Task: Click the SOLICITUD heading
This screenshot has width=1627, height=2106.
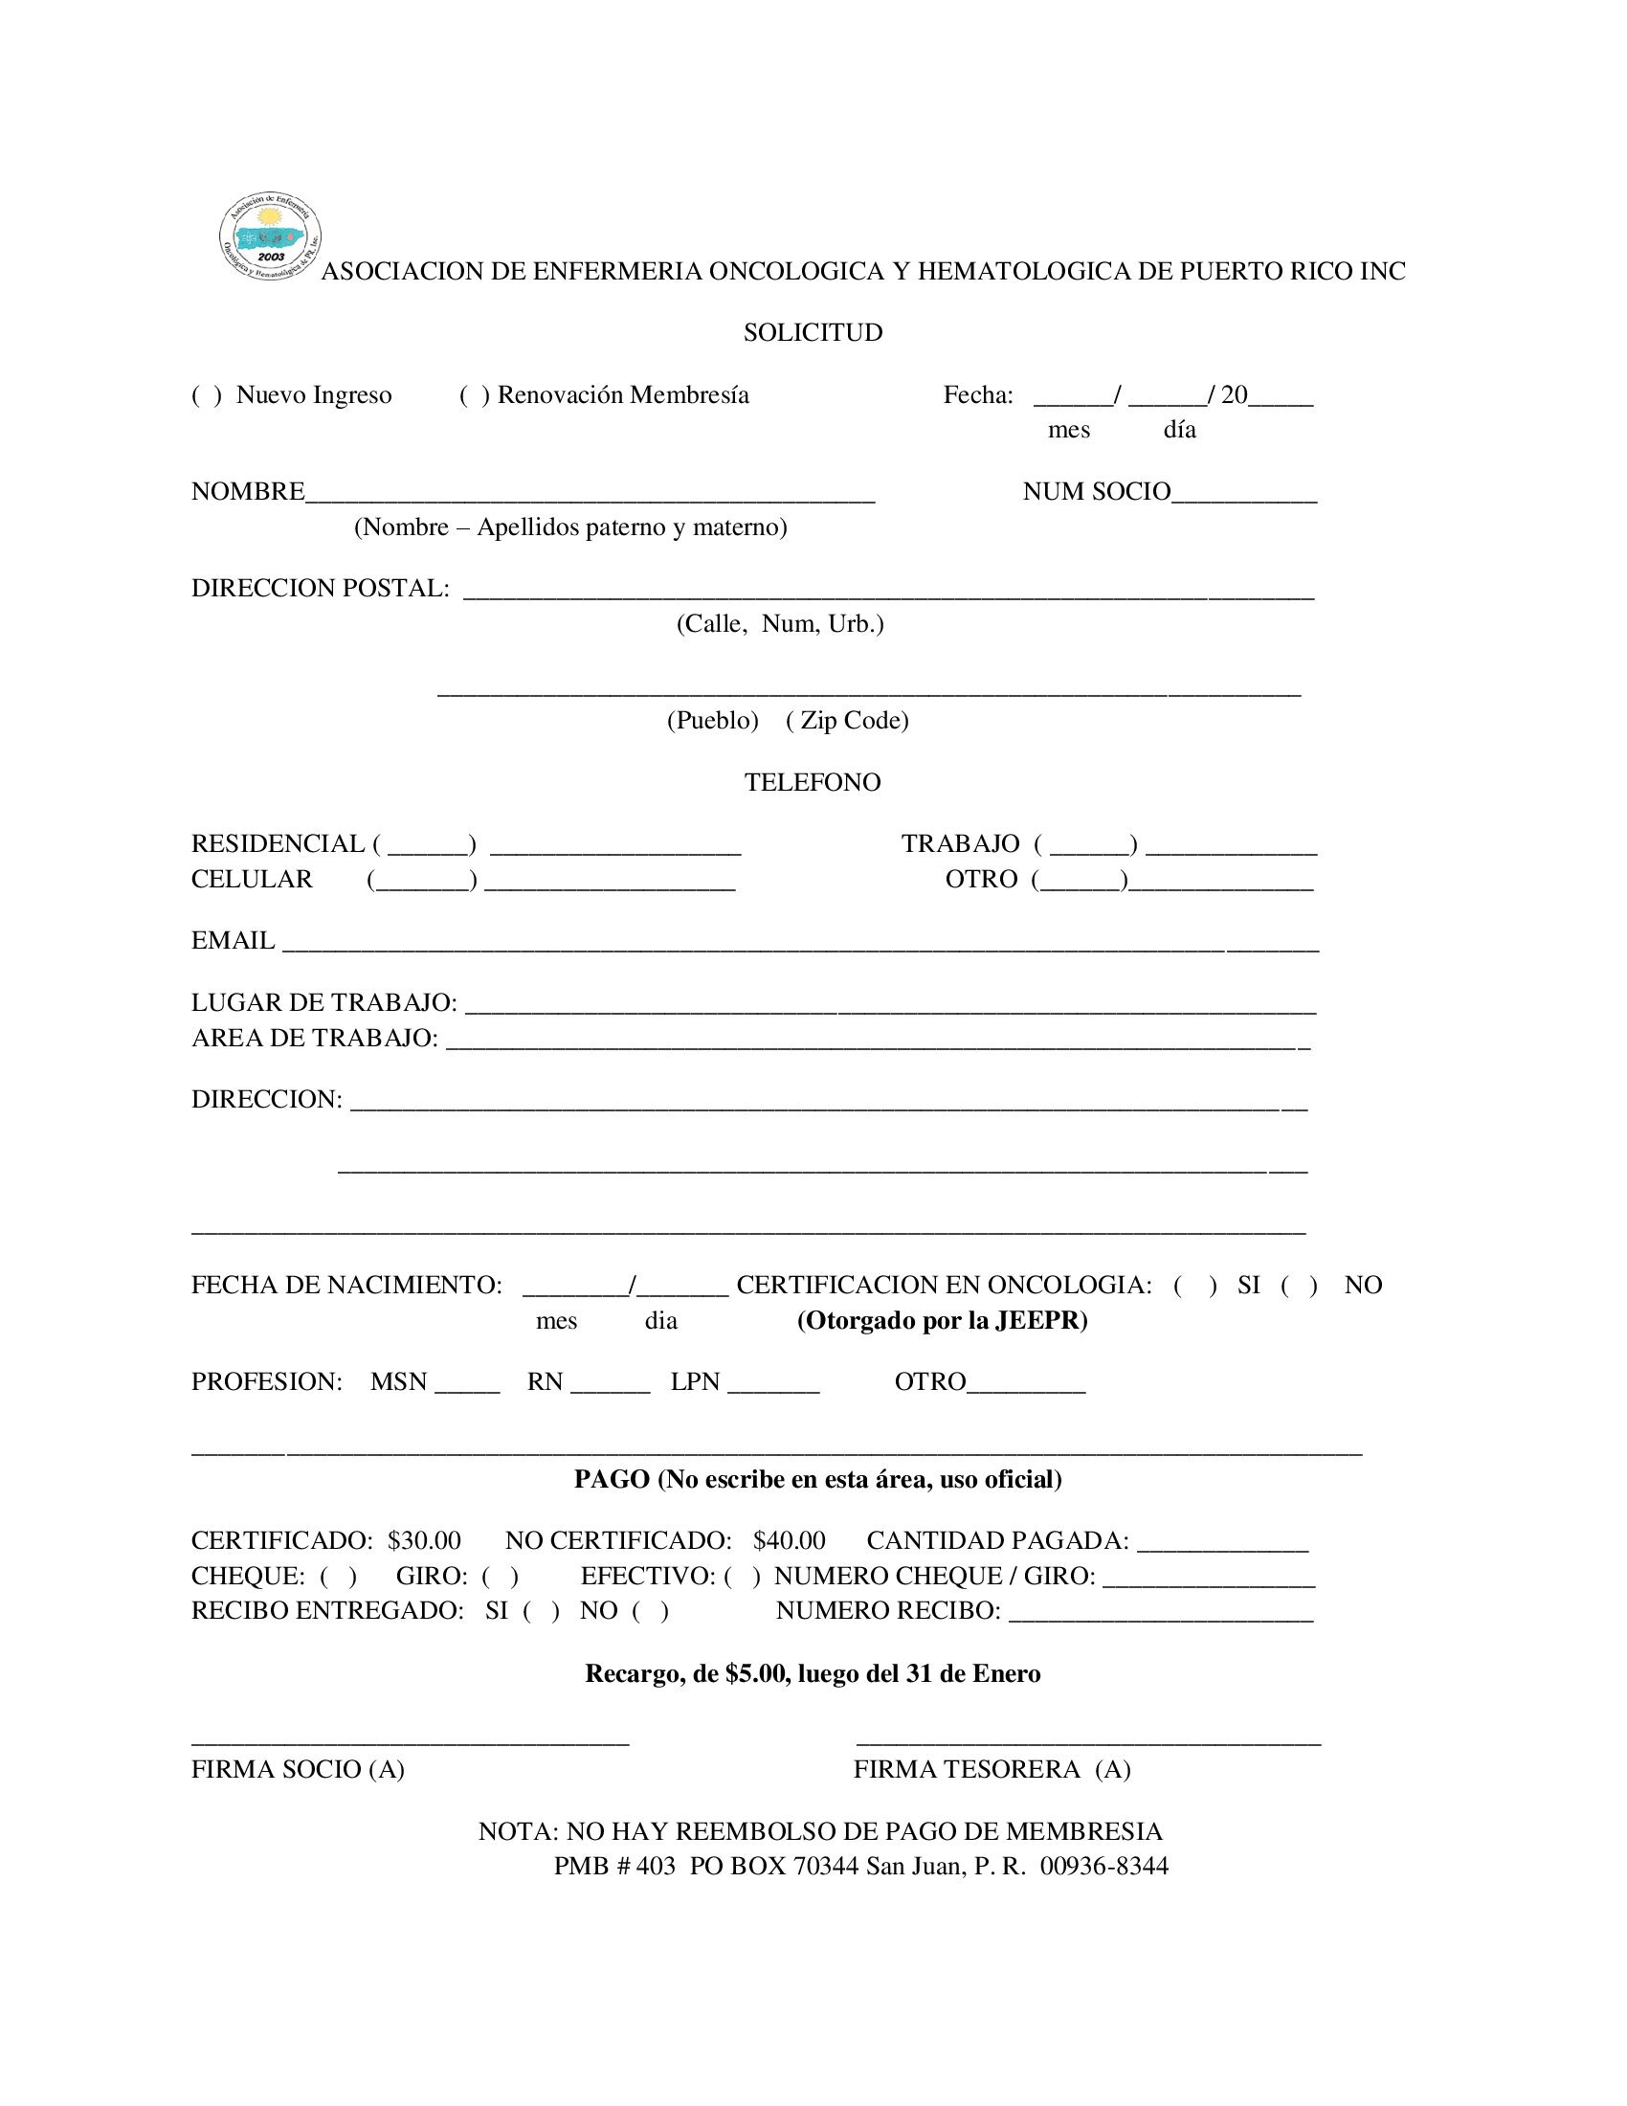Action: pos(813,333)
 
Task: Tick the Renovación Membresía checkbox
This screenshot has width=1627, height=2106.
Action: pos(474,395)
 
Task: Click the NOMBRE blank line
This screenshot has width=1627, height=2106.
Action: pos(590,494)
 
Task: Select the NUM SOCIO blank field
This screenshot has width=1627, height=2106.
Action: pos(1243,494)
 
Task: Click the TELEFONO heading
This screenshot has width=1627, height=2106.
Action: pos(813,782)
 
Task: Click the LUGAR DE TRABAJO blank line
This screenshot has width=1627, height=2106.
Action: pos(891,1005)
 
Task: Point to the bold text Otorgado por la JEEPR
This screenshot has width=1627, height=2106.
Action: pos(942,1321)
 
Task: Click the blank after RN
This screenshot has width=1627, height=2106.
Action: pos(611,1384)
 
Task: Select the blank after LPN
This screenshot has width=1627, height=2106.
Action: pos(773,1384)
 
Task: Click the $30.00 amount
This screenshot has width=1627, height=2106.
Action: pos(424,1541)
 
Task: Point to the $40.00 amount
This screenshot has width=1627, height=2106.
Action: pos(790,1541)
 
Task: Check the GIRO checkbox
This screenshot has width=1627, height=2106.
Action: pos(501,1577)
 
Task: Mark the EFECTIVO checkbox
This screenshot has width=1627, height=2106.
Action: pos(742,1577)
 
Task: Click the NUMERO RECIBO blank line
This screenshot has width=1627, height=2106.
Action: pos(1161,1612)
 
